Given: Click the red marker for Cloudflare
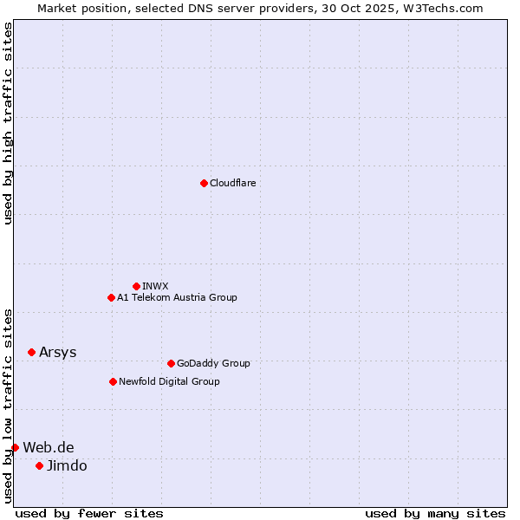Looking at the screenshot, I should (x=204, y=183).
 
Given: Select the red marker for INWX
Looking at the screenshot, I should (x=136, y=286).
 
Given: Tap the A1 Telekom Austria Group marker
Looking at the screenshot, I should (x=111, y=297).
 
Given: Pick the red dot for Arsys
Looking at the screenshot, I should (x=31, y=352).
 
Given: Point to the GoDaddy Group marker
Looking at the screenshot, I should (x=171, y=363).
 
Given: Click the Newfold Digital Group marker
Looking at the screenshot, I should (x=113, y=381).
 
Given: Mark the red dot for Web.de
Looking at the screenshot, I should (x=15, y=447).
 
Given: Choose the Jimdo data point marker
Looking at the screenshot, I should (x=39, y=465).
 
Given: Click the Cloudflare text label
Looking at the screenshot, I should (x=233, y=183).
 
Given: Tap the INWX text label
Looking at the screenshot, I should (x=155, y=286).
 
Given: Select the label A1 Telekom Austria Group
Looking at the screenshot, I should (x=177, y=297).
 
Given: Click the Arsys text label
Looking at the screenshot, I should (x=58, y=352).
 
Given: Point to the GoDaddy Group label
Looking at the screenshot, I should (x=213, y=363).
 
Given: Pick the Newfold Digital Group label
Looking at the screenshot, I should (x=169, y=381).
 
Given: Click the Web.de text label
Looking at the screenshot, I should (x=49, y=447).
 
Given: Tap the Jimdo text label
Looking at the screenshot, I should (x=67, y=465).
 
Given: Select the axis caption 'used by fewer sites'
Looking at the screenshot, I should (x=89, y=513).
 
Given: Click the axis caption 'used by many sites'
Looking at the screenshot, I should (x=435, y=513).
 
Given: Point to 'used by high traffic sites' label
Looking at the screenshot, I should (x=8, y=123).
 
